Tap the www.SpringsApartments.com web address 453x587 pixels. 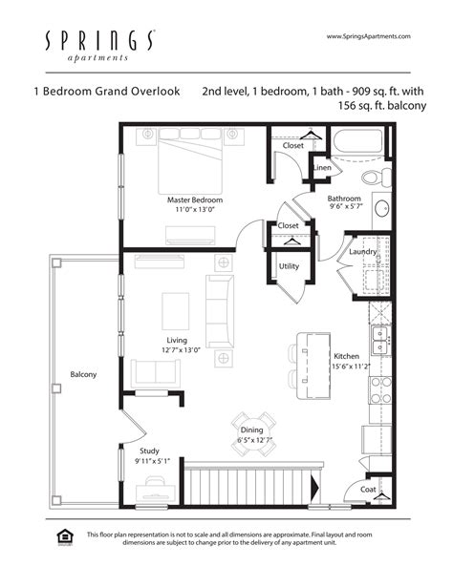(x=368, y=36)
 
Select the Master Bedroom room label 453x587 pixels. (x=195, y=200)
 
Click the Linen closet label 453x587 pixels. (x=323, y=168)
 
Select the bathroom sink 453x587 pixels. (x=381, y=209)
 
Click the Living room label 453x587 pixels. (x=176, y=340)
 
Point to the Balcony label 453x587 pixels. (x=83, y=374)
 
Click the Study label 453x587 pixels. (x=148, y=451)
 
